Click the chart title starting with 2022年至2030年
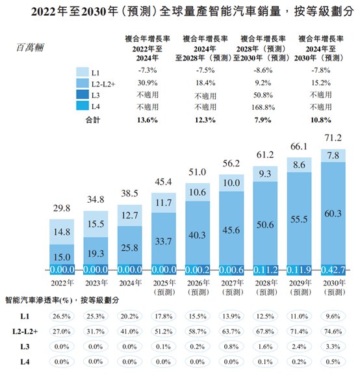180,11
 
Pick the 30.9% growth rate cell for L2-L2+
144,84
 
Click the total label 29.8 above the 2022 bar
62,209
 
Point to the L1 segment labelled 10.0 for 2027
232,185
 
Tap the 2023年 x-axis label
96,283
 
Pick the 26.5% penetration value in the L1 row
62,315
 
